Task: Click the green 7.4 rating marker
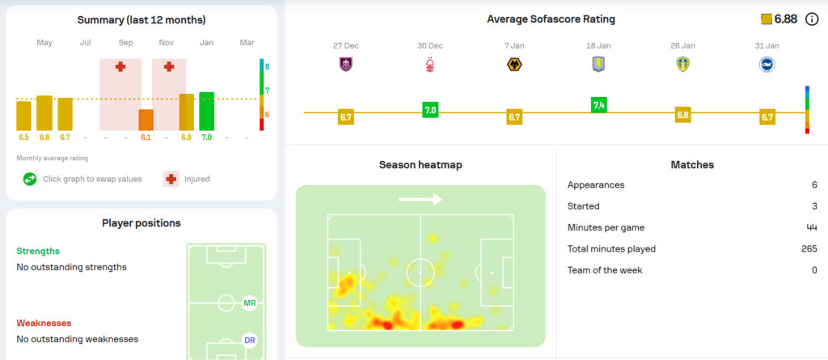coord(599,104)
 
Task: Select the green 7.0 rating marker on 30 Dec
coord(430,109)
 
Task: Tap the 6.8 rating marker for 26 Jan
coord(683,114)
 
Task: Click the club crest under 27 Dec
coord(346,65)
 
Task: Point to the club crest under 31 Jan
coord(767,65)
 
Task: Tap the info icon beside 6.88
coord(812,19)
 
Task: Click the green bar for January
coord(206,111)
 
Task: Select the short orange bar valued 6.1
coord(146,120)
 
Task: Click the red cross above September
coord(120,66)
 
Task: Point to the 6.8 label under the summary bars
coord(44,138)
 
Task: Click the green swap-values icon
coord(30,179)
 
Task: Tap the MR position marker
coord(249,303)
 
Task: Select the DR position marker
coord(249,341)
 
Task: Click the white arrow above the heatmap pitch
coord(420,199)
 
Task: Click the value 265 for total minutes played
coord(809,249)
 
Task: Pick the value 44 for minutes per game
coord(812,227)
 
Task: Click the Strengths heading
coord(38,251)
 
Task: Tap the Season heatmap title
coord(420,165)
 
